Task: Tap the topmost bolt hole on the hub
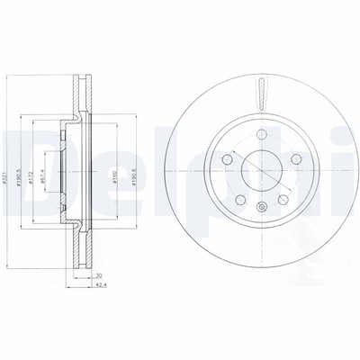[x=258, y=135]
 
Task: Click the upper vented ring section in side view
[x=84, y=89]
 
